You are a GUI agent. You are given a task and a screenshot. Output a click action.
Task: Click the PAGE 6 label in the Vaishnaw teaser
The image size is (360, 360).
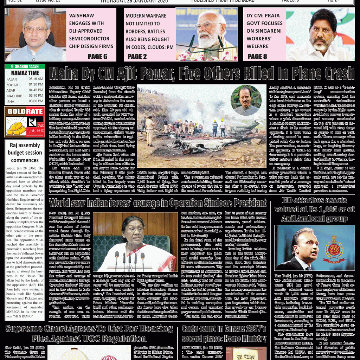click(97, 56)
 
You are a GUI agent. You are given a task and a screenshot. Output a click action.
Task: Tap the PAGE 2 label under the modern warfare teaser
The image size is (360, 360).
click(137, 56)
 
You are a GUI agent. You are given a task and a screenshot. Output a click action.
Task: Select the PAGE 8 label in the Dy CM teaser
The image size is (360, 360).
click(257, 56)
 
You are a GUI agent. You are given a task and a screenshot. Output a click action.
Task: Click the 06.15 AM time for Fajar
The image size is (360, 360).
click(36, 79)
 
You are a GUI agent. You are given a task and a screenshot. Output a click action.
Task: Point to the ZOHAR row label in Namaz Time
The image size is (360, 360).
click(12, 85)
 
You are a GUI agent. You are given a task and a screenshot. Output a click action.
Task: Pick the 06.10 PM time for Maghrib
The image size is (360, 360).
click(36, 96)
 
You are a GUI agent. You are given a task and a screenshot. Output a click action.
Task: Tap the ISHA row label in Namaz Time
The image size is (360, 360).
click(11, 101)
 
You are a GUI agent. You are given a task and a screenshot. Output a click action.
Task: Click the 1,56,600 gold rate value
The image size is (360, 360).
click(35, 130)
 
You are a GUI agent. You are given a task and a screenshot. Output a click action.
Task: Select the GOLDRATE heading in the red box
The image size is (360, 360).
click(25, 112)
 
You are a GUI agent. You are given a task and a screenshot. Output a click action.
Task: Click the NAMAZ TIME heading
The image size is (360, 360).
click(25, 73)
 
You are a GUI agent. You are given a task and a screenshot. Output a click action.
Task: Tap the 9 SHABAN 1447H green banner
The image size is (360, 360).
click(25, 66)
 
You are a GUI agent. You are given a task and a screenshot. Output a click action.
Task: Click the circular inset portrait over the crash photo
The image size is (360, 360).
click(246, 101)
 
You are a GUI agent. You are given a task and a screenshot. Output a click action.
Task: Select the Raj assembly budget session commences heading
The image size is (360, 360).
click(25, 153)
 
